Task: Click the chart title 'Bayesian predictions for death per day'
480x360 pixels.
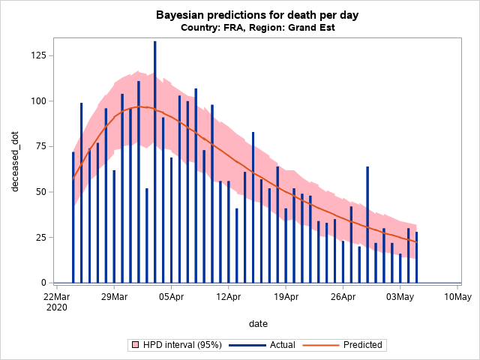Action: tap(240, 15)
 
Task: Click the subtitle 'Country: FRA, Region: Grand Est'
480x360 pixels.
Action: tap(240, 28)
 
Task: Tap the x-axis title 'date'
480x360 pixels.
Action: tap(258, 323)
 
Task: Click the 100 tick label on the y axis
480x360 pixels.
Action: tap(36, 101)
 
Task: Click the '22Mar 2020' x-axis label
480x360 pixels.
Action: tap(57, 301)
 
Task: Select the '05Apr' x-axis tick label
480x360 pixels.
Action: tap(171, 296)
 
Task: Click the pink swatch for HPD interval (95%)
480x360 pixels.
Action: tap(136, 345)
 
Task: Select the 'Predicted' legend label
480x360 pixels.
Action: tap(362, 345)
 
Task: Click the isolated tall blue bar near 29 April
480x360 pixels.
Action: tap(367, 224)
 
